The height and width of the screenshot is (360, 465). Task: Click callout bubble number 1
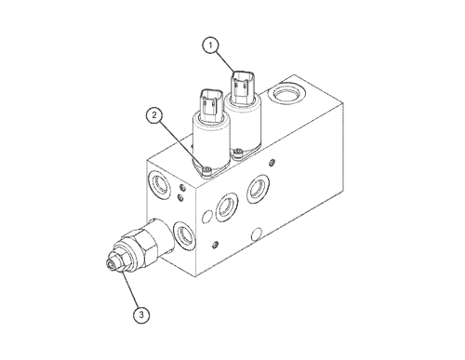pos(211,46)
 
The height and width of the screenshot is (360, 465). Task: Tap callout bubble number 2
pos(154,115)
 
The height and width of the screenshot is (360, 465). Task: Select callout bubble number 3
pos(141,315)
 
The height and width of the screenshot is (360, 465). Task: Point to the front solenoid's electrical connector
pos(211,105)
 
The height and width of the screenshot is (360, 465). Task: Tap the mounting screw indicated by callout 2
pos(207,170)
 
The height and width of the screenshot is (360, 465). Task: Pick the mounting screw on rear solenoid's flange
pos(238,152)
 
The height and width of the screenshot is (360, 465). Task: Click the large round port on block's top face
pos(287,93)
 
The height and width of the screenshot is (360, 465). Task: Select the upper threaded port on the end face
pos(160,185)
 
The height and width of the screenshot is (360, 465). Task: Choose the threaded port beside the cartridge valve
pos(185,235)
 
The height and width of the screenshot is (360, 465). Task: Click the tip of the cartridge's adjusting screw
pos(110,265)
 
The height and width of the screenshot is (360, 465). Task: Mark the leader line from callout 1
pos(224,62)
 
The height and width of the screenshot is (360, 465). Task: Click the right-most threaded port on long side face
pos(258,189)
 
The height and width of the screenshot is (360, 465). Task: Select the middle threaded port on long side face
pos(227,207)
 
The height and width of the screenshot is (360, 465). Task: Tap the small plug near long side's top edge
pos(272,162)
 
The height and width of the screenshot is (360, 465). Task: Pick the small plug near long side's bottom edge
pos(215,245)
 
